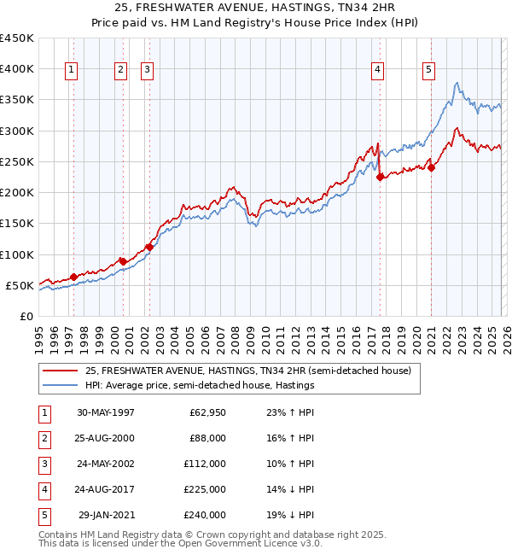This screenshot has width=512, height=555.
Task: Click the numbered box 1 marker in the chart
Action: pyautogui.click(x=71, y=70)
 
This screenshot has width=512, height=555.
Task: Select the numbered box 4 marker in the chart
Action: pyautogui.click(x=377, y=70)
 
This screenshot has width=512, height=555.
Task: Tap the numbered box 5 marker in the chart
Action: pyautogui.click(x=428, y=70)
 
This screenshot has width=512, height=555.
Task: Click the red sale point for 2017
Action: pyautogui.click(x=380, y=178)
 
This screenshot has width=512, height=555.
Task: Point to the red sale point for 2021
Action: pyautogui.click(x=431, y=168)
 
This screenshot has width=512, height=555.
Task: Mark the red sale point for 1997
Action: pyautogui.click(x=73, y=277)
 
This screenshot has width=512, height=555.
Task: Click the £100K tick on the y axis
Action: pyautogui.click(x=17, y=254)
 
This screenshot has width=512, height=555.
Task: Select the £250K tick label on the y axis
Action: pyautogui.click(x=17, y=161)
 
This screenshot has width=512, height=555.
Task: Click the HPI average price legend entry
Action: pyautogui.click(x=200, y=385)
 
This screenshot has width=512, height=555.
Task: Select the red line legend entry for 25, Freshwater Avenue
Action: pyautogui.click(x=248, y=371)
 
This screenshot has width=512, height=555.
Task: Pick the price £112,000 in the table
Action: pyautogui.click(x=205, y=464)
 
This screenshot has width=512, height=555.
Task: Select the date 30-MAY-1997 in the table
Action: pyautogui.click(x=105, y=412)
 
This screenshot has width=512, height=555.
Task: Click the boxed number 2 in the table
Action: pyautogui.click(x=42, y=438)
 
